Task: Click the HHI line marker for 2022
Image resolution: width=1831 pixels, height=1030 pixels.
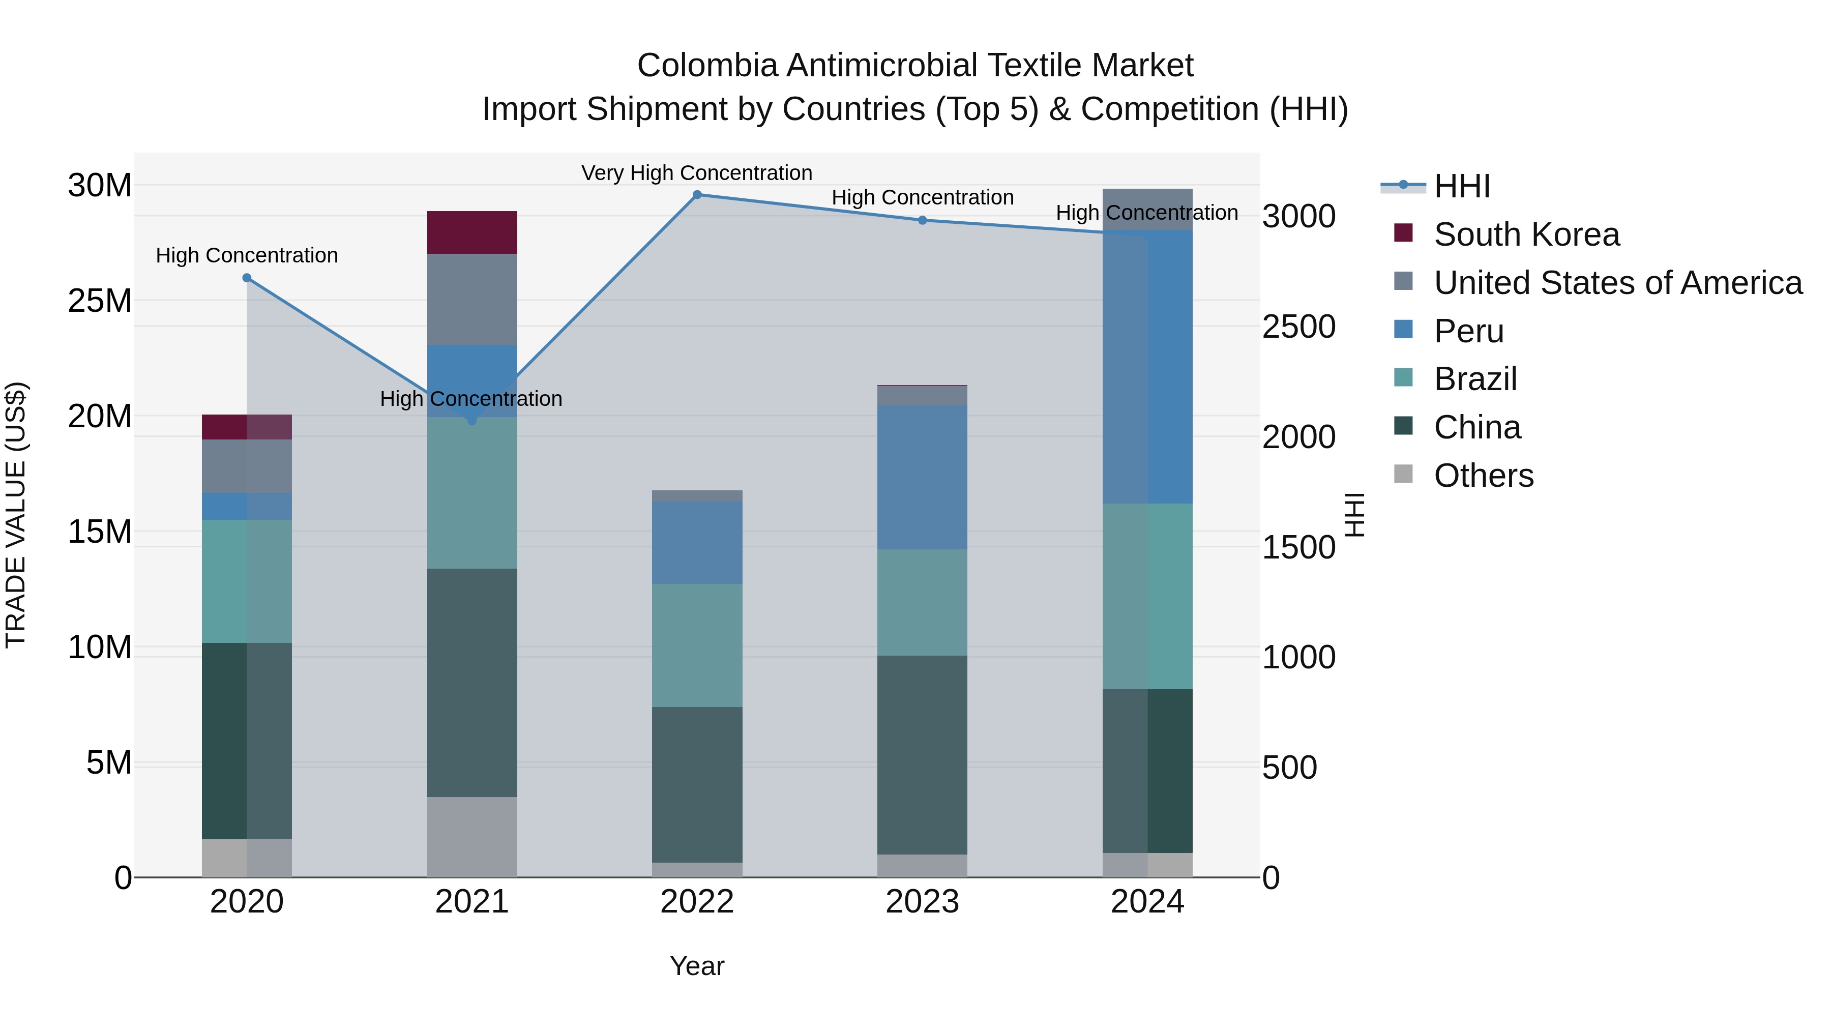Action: point(697,195)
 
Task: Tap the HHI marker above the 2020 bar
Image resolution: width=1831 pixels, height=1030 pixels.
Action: point(247,278)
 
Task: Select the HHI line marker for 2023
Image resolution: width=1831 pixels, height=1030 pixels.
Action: point(922,220)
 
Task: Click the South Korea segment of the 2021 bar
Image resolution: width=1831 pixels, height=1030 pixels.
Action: point(472,232)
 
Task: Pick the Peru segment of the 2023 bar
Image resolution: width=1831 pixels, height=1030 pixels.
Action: point(922,477)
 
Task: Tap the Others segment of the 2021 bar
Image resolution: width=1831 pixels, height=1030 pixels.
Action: point(472,837)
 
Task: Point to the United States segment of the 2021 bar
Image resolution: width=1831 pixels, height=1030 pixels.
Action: point(472,299)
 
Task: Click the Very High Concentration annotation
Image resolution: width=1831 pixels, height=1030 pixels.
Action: point(697,173)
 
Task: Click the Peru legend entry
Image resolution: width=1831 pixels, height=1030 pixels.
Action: point(1468,331)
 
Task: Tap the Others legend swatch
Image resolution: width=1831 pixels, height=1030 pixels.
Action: point(1403,474)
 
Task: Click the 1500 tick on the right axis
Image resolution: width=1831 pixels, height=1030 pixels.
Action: point(1298,547)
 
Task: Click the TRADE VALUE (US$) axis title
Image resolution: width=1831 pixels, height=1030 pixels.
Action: point(16,515)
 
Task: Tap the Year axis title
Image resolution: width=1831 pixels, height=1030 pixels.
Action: point(697,966)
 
